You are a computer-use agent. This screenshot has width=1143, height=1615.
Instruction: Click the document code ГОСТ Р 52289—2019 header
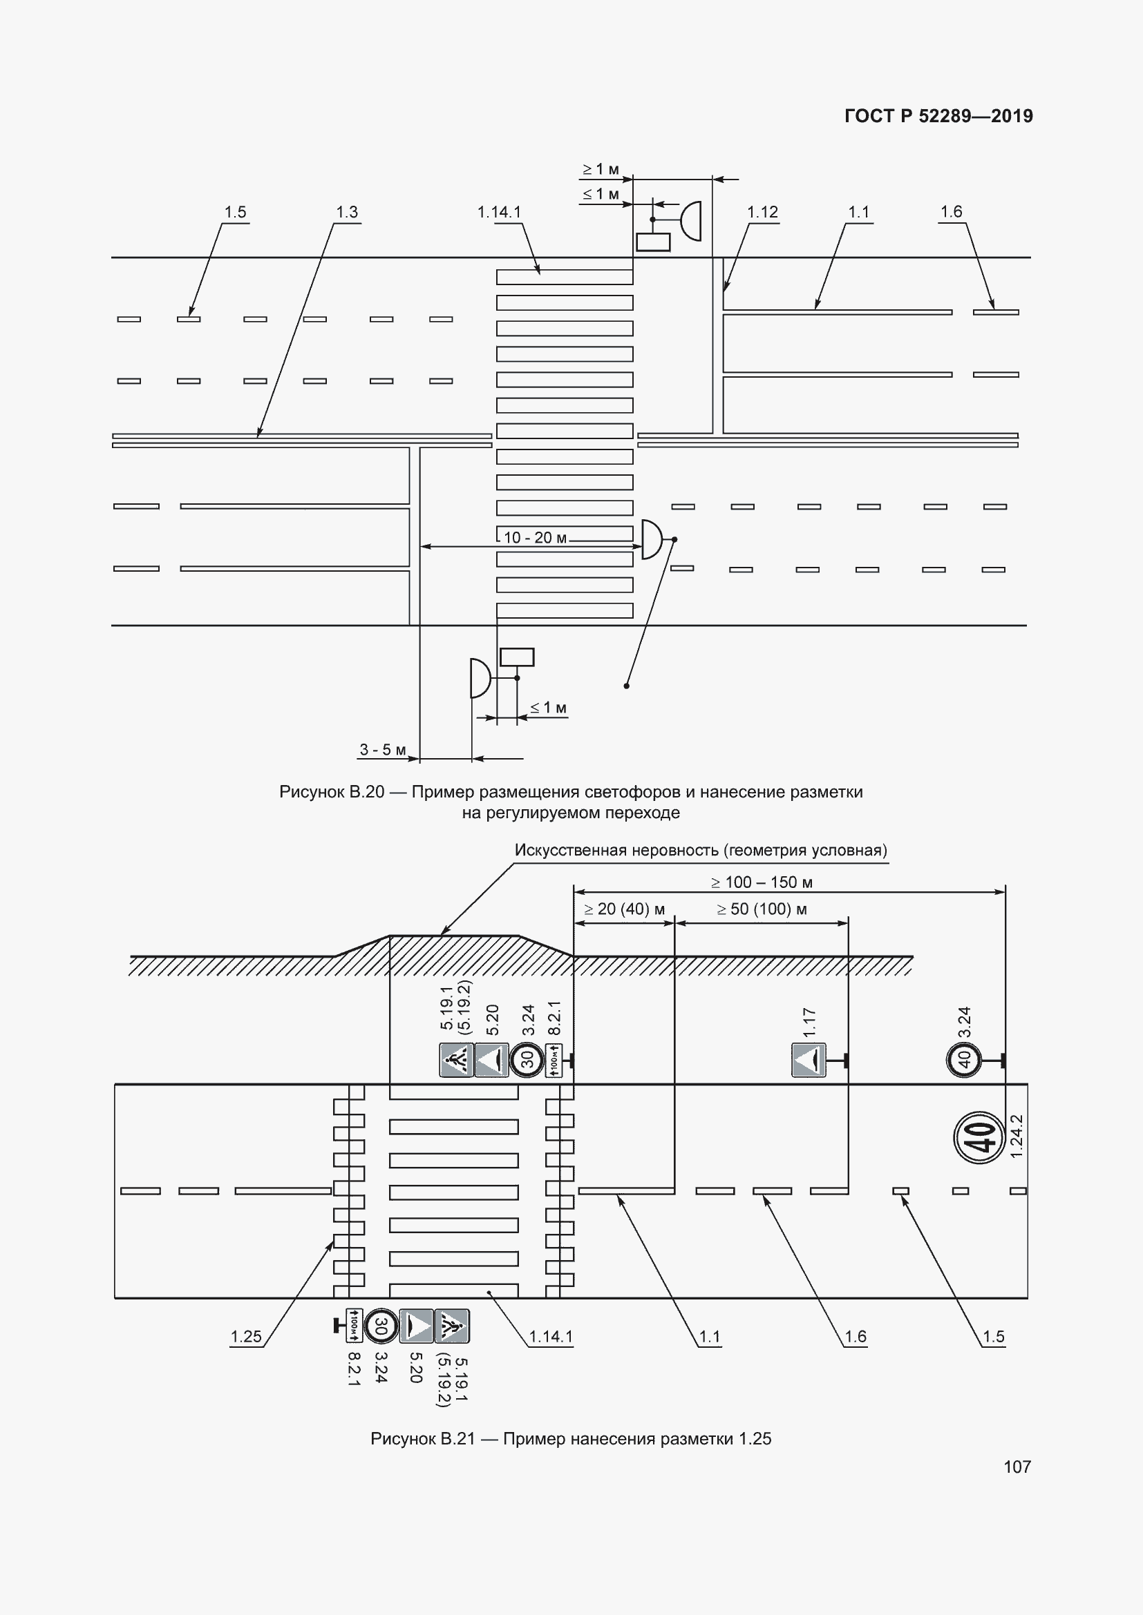point(938,116)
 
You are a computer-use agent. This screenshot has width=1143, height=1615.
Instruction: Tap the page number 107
point(1017,1467)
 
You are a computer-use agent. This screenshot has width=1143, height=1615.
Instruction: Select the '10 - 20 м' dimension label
point(536,538)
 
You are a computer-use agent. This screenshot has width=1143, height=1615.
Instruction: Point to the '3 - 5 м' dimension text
point(383,750)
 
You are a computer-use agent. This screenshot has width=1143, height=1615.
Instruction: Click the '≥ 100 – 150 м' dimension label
point(762,882)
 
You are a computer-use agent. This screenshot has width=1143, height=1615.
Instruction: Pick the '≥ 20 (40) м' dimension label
point(624,909)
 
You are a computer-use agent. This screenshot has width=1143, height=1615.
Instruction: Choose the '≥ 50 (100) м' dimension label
point(762,909)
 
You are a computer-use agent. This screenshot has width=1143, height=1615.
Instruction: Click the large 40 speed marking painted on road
point(979,1137)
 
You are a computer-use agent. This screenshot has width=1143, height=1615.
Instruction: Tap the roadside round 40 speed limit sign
point(964,1058)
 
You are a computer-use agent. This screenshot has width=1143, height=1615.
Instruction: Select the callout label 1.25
point(245,1337)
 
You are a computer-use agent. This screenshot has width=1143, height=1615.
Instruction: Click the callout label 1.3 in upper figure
point(347,212)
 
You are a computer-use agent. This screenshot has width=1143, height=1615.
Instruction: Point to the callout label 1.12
point(762,212)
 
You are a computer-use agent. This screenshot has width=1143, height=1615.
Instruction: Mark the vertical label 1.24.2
point(1016,1137)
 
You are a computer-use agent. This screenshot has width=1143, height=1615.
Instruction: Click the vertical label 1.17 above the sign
point(809,1022)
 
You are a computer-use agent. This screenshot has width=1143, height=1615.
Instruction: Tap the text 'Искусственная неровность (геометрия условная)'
point(701,851)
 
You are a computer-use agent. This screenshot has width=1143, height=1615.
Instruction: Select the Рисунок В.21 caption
point(571,1439)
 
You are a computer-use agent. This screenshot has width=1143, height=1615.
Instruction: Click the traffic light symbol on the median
point(652,539)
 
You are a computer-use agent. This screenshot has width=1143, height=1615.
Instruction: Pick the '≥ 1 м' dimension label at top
point(601,168)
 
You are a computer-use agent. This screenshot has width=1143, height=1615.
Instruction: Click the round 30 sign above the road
point(527,1059)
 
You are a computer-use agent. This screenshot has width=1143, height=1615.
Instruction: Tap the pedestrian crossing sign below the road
point(452,1326)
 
